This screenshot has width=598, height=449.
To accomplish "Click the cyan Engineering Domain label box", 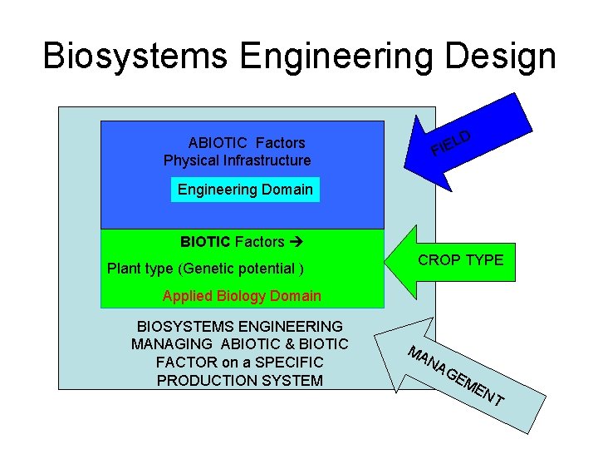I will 245,190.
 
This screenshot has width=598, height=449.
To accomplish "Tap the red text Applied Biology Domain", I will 242,296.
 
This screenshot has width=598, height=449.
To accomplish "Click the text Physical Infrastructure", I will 238,160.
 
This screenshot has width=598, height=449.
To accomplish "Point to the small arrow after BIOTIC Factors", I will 295,243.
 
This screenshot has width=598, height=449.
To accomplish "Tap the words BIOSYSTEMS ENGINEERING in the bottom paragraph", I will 239,327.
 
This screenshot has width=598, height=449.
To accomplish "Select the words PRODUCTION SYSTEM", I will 239,381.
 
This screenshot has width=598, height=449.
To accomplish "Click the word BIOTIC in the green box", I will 205,243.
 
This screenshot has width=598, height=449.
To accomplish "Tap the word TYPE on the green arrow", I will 484,260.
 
